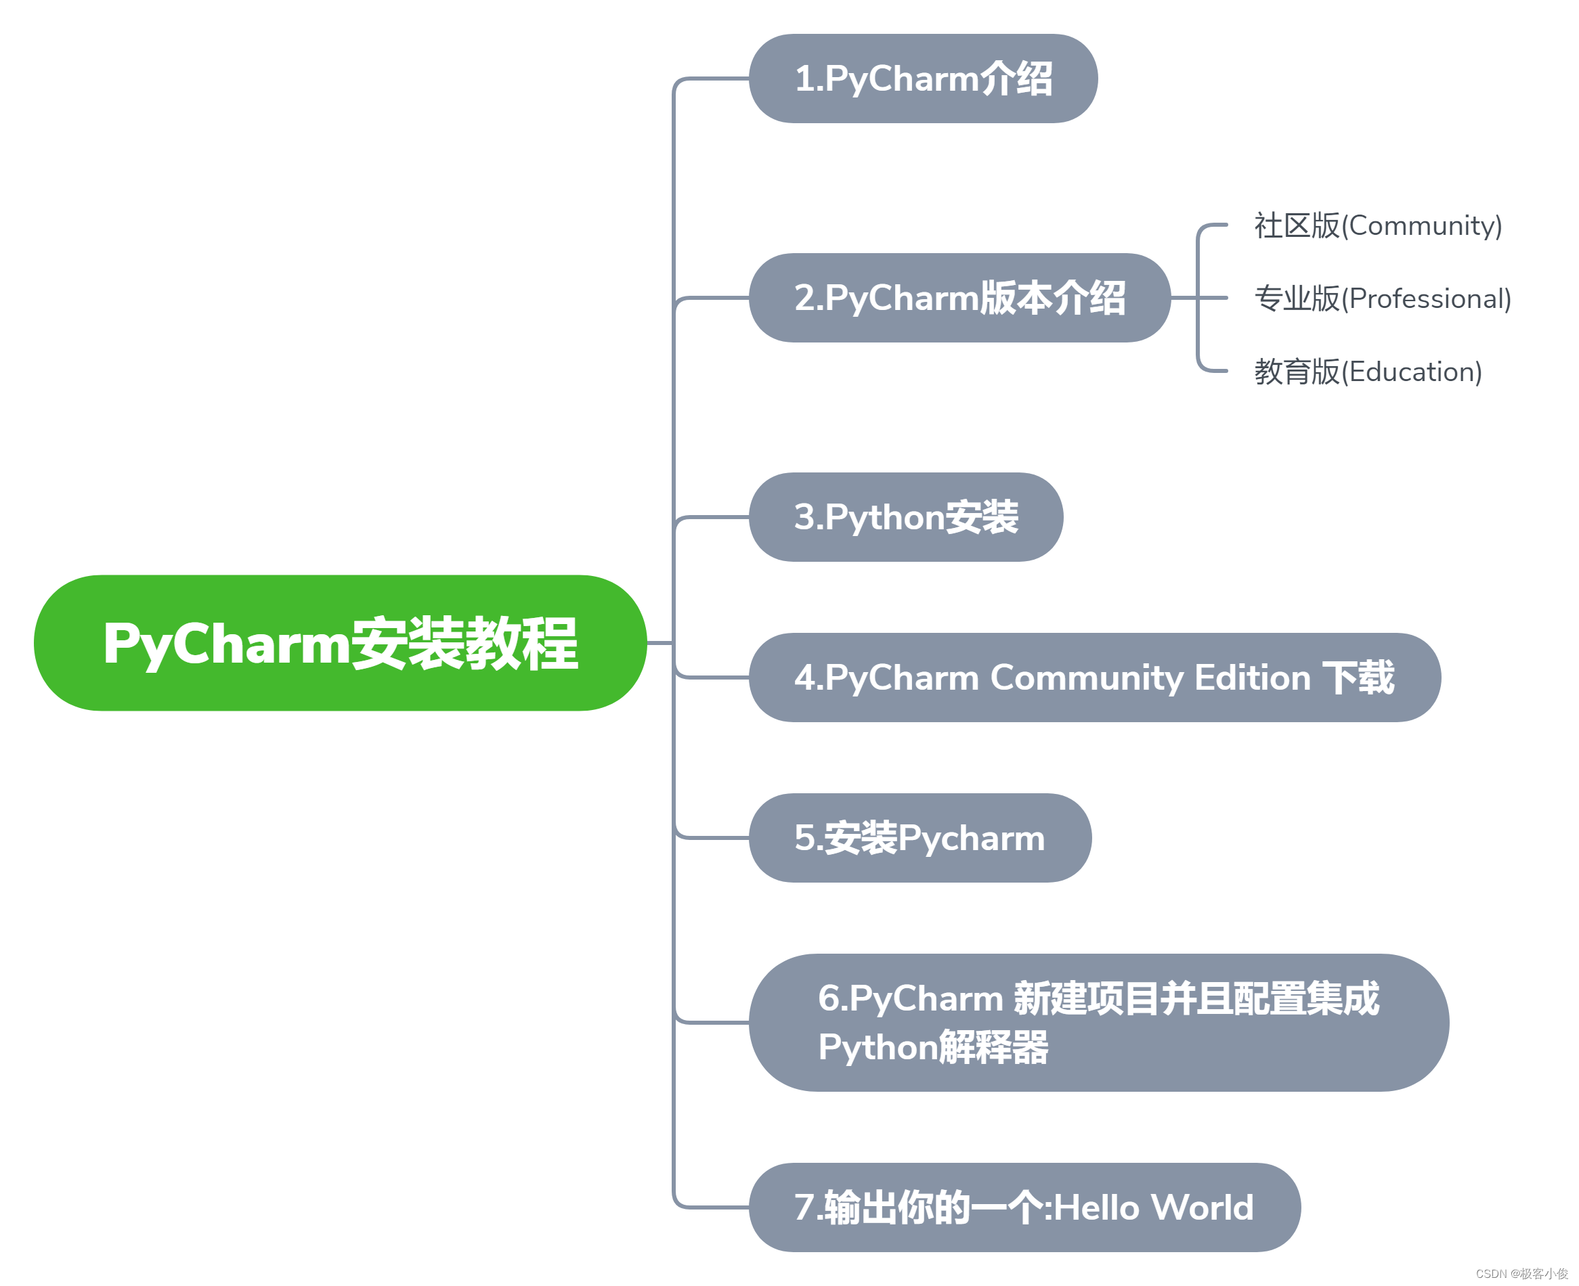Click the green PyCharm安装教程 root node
pos(340,643)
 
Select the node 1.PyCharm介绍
pos(922,79)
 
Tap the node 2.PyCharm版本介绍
pos(959,298)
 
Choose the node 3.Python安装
pos(905,517)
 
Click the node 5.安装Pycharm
pos(919,838)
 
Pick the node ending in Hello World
pos(1024,1207)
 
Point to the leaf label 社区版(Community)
pos(1377,225)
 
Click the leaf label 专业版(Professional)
pos(1382,298)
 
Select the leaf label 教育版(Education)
pos(1368,372)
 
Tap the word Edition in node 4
pos(1252,678)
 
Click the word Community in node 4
pos(1087,678)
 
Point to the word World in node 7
pos(1202,1207)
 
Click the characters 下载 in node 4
pos(1358,678)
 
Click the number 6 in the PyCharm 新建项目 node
pos(827,998)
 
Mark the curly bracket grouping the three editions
pos(1198,298)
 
